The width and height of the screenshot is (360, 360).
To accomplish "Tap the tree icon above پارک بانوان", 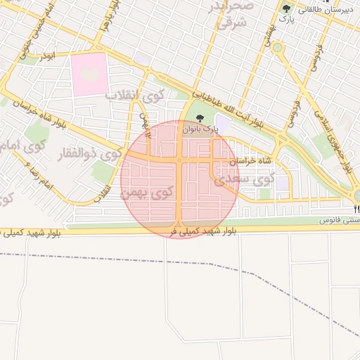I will pos(200,118).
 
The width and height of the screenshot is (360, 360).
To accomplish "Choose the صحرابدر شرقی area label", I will pos(227,14).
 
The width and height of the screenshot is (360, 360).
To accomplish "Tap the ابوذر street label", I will pos(46,55).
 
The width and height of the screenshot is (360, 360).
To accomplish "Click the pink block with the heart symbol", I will pos(89,75).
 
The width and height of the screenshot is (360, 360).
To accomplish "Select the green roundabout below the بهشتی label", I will pos(278,48).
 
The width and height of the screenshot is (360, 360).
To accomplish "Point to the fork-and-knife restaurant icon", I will pos(357,209).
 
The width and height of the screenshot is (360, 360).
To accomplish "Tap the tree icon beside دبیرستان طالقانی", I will pos(285,8).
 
